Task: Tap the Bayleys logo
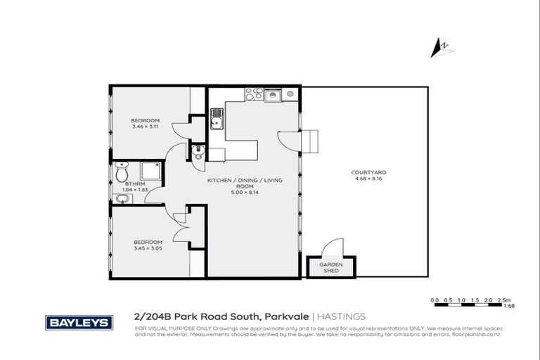pos(79,322)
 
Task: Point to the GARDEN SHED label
pos(331,268)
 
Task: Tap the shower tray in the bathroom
pos(150,172)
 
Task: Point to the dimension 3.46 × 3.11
pos(146,126)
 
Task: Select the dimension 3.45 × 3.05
pos(147,247)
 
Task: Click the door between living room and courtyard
pos(290,139)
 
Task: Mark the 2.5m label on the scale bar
pos(503,299)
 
